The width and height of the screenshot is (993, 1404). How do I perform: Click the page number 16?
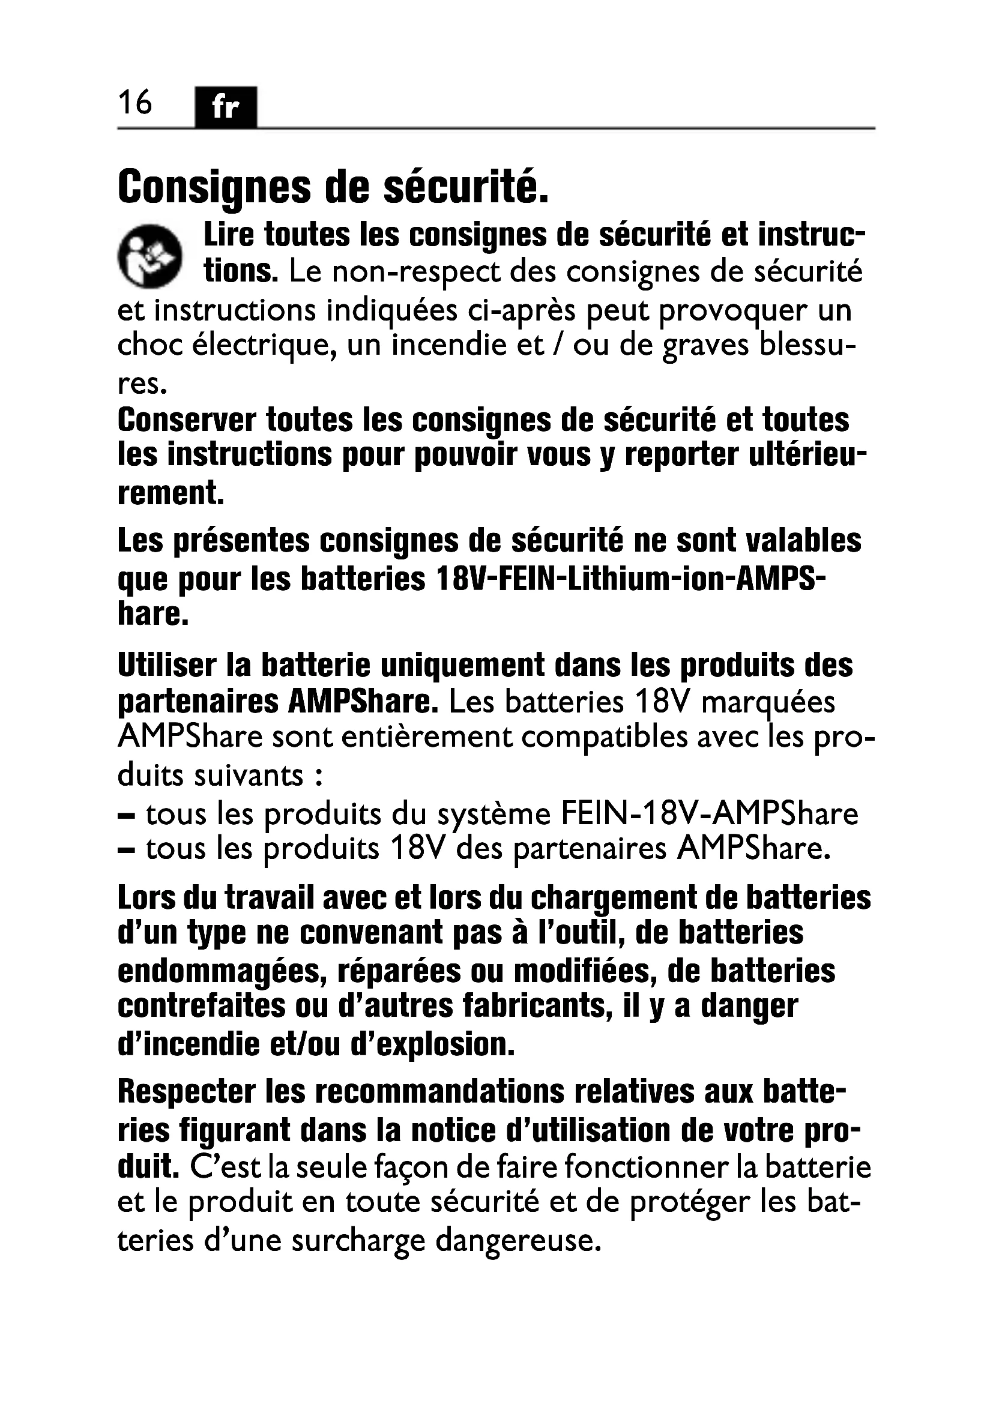coord(134,102)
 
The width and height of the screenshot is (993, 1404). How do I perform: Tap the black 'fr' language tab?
coord(226,107)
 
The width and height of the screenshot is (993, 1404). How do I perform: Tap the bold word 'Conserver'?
coord(187,420)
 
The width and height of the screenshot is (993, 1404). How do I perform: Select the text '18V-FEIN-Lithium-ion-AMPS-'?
coord(630,579)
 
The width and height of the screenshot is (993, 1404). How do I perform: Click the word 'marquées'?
coord(768,703)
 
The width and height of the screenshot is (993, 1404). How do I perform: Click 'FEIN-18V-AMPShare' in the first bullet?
coord(709,814)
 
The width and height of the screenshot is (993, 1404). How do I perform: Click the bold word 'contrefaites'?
coord(201,1007)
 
